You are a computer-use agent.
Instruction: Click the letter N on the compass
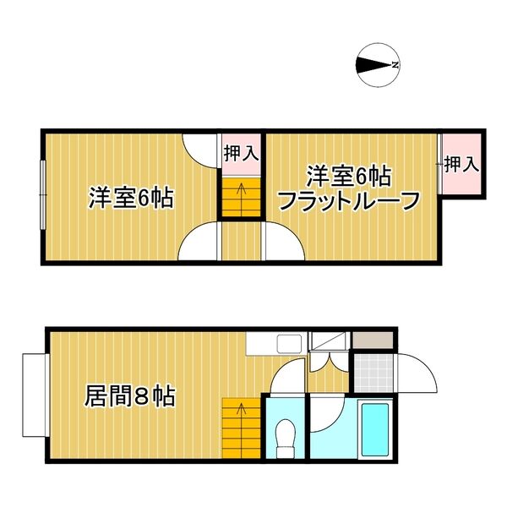tap(395, 65)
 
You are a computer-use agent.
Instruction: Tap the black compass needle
tap(373, 65)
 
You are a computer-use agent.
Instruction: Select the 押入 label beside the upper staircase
tap(241, 153)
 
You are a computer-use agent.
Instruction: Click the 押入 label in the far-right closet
tap(461, 164)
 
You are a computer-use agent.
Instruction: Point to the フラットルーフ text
tap(349, 201)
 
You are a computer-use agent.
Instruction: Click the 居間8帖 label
tap(129, 395)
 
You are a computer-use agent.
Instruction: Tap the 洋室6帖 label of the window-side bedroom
tap(131, 197)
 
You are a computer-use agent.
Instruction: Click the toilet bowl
tap(285, 433)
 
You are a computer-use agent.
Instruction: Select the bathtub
tap(375, 428)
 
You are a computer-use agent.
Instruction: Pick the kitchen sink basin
tap(289, 344)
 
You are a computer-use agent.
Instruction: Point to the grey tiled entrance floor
tap(373, 373)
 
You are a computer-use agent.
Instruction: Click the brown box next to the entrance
tap(373, 341)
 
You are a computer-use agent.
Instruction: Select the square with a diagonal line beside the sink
tap(329, 341)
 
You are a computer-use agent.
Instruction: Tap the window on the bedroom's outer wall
tap(43, 194)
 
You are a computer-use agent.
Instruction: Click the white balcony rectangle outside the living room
tap(35, 395)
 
